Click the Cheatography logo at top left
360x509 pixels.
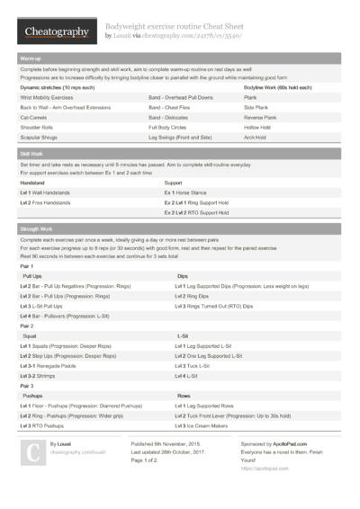pyautogui.click(x=56, y=32)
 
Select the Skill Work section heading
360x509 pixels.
pyautogui.click(x=31, y=154)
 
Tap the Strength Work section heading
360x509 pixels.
pyautogui.click(x=37, y=229)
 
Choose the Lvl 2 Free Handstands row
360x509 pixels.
pyautogui.click(x=51, y=203)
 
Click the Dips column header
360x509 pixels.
pyautogui.click(x=183, y=275)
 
